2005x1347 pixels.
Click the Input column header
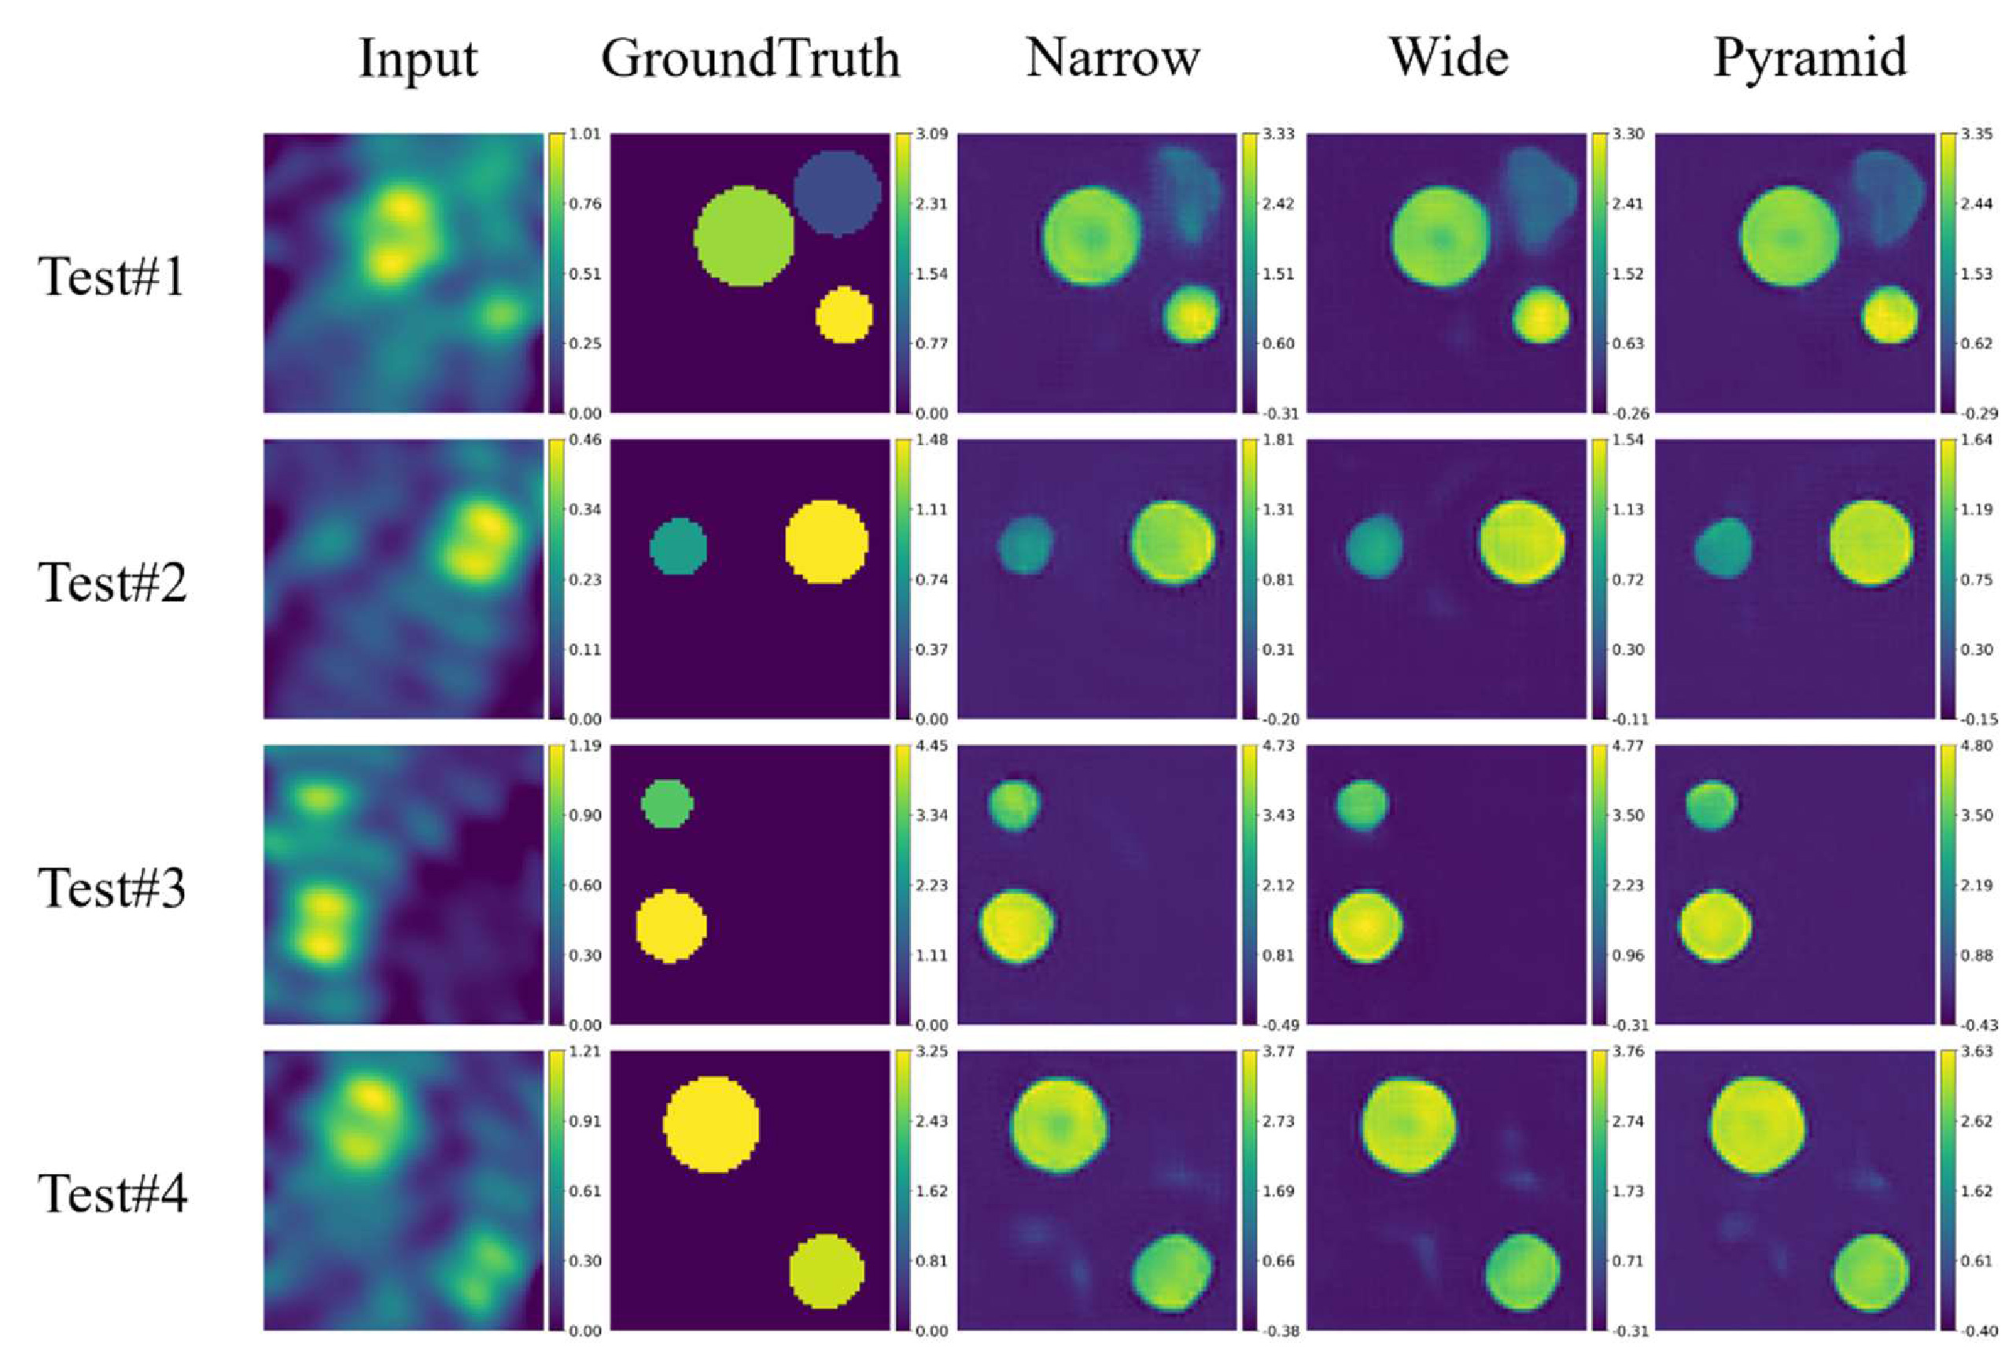tap(418, 58)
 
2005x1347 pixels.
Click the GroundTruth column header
tap(750, 58)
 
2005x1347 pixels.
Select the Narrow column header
tap(1112, 58)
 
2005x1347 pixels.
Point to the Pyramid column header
tap(1809, 58)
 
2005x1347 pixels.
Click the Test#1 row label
tap(112, 277)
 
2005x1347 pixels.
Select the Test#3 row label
tap(112, 888)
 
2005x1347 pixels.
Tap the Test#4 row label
tap(112, 1194)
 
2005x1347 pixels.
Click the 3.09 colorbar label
tap(934, 135)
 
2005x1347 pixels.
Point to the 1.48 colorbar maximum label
tap(934, 440)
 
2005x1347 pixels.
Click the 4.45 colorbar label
tap(934, 746)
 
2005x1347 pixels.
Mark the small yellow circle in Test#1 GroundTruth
tap(843, 315)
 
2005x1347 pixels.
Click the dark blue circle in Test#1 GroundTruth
tap(836, 193)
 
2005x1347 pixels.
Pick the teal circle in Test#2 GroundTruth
tap(678, 546)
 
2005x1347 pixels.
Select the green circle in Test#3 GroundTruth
tap(667, 804)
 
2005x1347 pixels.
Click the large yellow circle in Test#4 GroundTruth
tap(711, 1124)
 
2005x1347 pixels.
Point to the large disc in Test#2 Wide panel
tap(1521, 543)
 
